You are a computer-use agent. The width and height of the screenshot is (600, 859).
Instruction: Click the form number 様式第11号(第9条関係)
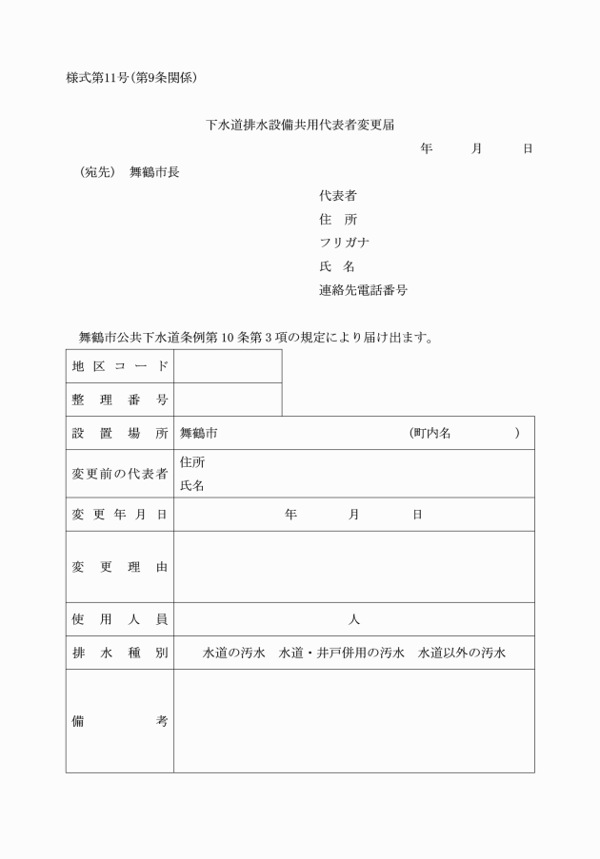[x=131, y=75]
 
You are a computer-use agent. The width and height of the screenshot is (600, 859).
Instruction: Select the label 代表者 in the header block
[x=338, y=196]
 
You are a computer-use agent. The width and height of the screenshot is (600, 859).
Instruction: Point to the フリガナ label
[x=345, y=243]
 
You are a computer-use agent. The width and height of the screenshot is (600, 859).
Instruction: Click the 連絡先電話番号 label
[x=363, y=290]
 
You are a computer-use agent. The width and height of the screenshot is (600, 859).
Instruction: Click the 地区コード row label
[x=120, y=366]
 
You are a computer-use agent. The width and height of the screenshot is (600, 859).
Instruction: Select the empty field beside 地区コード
[x=228, y=366]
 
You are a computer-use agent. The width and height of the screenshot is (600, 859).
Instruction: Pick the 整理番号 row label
[x=120, y=400]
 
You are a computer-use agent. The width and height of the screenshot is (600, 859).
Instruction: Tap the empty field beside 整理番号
[x=228, y=400]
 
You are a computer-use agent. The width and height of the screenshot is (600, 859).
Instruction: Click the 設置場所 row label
[x=120, y=433]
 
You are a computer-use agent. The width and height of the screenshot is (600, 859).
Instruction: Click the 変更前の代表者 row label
[x=120, y=474]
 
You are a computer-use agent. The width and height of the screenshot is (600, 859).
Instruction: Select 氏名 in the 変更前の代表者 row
[x=192, y=485]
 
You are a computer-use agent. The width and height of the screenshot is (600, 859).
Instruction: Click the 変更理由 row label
[x=120, y=567]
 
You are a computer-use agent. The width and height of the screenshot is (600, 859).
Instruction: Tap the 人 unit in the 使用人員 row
[x=353, y=619]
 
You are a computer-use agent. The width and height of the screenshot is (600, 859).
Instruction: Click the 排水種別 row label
[x=120, y=653]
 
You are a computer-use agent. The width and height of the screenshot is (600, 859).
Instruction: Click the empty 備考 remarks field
[x=353, y=721]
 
